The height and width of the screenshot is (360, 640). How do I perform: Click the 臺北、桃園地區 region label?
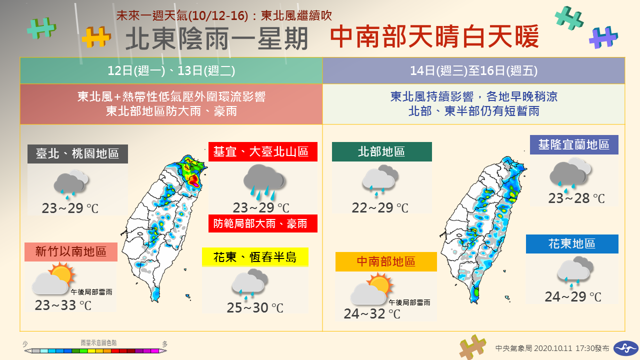coord(77,153)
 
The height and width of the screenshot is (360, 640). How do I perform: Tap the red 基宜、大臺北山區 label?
coord(263,151)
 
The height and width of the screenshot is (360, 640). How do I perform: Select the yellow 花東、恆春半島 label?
coord(255,257)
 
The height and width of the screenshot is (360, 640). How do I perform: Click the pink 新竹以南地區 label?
coord(71,251)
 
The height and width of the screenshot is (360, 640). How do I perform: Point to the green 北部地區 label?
coord(381,151)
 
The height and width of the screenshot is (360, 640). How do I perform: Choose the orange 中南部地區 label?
coord(386,261)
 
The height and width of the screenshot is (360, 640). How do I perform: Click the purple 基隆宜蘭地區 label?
coord(574,144)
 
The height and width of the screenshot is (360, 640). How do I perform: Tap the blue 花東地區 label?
coord(572,243)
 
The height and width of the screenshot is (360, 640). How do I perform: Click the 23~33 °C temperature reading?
coord(63,305)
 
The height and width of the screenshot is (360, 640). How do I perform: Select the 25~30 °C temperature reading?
coord(255,307)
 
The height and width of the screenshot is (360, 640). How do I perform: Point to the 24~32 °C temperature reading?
coord(372,313)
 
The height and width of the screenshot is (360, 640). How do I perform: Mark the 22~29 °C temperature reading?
coord(380,207)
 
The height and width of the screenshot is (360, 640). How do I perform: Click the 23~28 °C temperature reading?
coord(576,198)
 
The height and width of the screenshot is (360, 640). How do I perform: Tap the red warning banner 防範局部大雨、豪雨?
coord(263,223)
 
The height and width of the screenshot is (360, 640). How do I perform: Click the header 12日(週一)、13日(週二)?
coord(171,70)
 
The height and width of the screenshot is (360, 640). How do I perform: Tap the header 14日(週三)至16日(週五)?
coord(473,70)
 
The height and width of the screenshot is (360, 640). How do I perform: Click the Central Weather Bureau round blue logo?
coord(626,348)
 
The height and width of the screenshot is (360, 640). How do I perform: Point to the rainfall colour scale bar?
coord(95,350)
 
